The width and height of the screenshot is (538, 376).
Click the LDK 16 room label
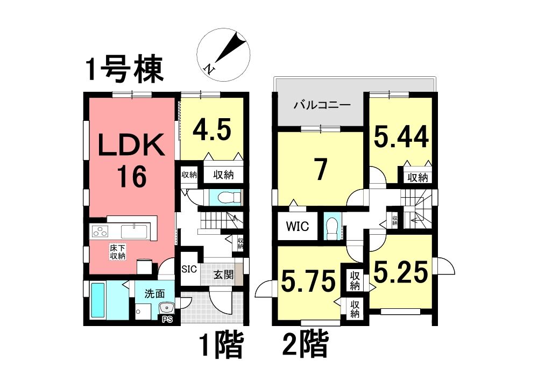point(131,160)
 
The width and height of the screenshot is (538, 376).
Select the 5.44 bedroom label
point(401,136)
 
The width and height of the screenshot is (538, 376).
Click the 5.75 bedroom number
point(308,281)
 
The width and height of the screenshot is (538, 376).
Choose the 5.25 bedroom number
point(401,272)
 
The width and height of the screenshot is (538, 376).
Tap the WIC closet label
point(297,226)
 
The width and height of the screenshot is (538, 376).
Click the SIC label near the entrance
point(189,269)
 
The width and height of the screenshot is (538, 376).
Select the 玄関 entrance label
point(223,274)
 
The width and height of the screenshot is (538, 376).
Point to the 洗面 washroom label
point(154,293)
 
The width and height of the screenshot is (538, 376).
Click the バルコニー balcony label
point(322,105)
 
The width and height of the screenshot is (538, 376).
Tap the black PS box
point(167,319)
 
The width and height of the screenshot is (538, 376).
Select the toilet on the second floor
point(331,227)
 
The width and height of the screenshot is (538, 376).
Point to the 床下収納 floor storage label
point(118,251)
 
